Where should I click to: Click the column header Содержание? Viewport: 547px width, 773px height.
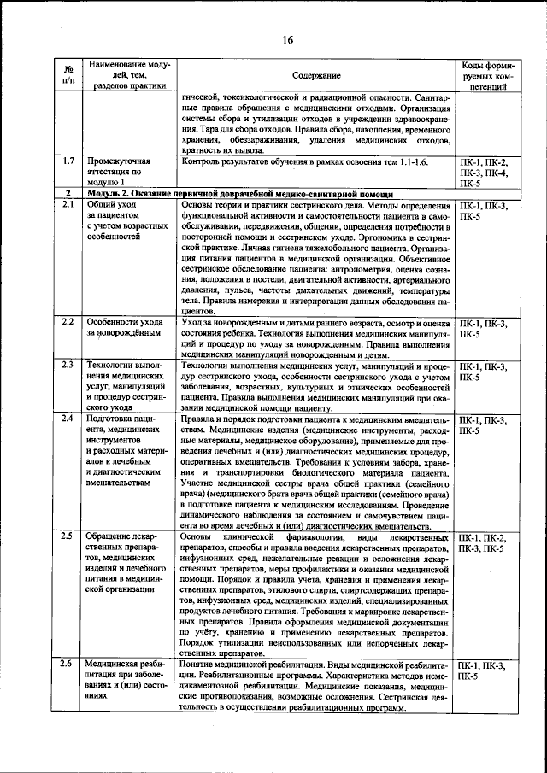click(316, 76)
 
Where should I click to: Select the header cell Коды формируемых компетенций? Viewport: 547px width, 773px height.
click(485, 76)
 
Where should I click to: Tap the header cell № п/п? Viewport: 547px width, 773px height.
click(68, 75)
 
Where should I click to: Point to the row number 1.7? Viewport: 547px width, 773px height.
click(68, 161)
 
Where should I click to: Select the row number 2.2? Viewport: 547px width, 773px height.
click(68, 322)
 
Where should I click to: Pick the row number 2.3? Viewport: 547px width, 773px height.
click(68, 366)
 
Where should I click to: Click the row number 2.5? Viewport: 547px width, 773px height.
click(68, 536)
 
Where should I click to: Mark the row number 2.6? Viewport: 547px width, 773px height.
click(68, 664)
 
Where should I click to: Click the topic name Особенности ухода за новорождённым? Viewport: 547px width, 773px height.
click(125, 328)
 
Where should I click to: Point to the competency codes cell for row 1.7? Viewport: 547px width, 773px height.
click(485, 171)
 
